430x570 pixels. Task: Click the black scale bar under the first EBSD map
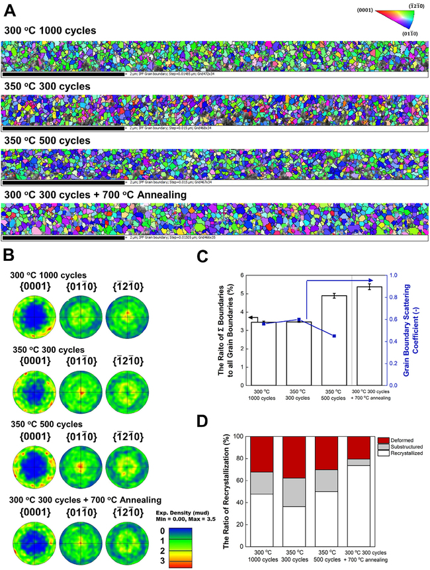(x=64, y=75)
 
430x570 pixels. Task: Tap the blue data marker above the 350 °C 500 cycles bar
(x=335, y=336)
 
